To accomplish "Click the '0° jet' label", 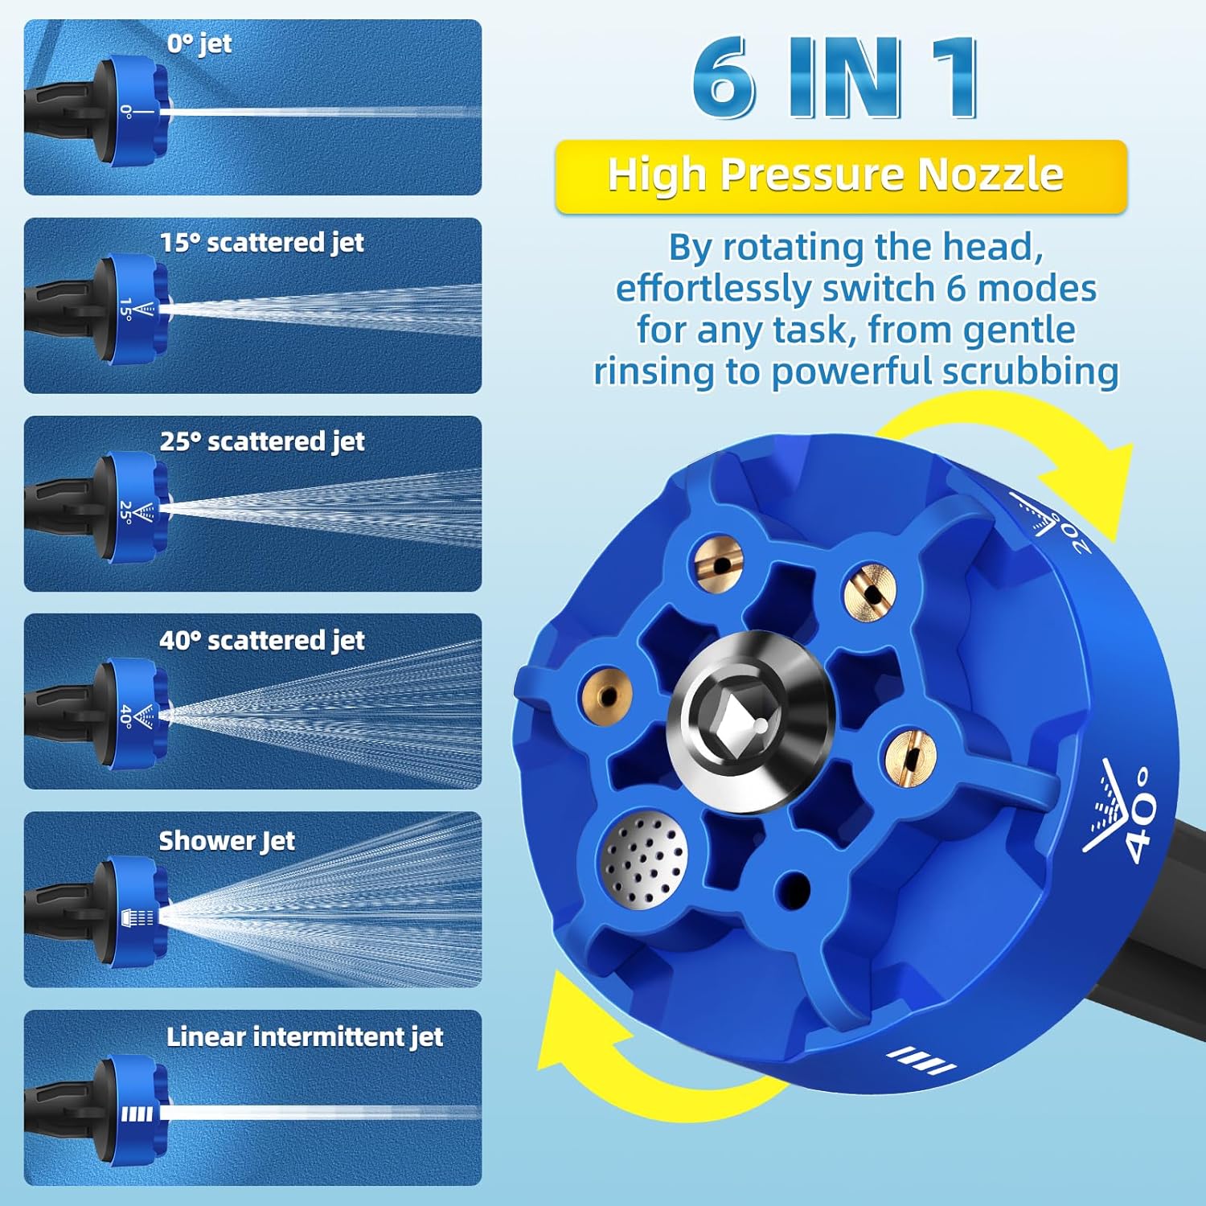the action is tap(199, 43).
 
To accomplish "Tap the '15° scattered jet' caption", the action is tap(262, 242).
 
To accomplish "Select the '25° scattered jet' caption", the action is tap(262, 441).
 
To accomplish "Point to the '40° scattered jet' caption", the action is tap(262, 640).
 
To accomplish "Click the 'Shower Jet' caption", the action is tap(227, 840).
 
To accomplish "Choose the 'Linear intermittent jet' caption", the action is tap(305, 1036).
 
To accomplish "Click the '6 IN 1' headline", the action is tap(836, 79).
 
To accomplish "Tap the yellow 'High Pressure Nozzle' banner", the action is tap(841, 176).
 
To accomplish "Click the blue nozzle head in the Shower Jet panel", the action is tap(133, 908).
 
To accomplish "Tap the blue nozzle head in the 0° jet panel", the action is tap(133, 111).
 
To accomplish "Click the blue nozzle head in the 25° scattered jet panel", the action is tap(133, 507).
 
